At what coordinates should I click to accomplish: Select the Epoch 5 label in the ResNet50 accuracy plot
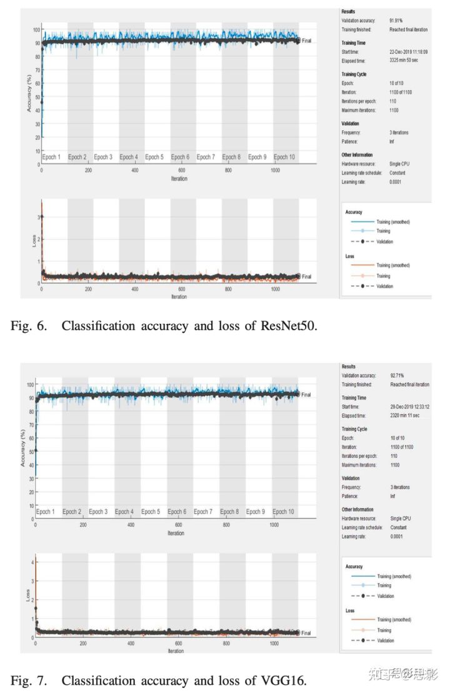pos(154,157)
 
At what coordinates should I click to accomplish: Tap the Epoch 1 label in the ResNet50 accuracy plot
pos(51,157)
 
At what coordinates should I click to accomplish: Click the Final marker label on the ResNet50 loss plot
pos(306,276)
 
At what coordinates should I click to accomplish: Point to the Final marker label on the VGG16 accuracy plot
pos(306,395)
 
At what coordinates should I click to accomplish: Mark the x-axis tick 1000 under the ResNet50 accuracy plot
pos(274,170)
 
